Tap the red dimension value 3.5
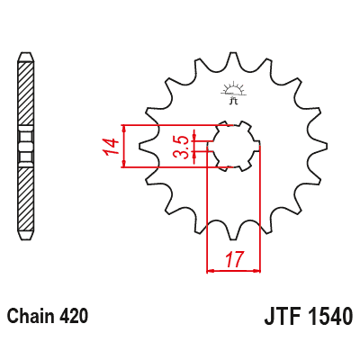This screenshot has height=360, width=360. [x=181, y=146]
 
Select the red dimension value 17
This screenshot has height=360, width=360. [x=234, y=260]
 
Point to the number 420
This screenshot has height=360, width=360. [x=74, y=317]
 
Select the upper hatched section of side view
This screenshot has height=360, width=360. [x=26, y=94]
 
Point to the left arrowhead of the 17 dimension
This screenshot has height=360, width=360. [x=211, y=268]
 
